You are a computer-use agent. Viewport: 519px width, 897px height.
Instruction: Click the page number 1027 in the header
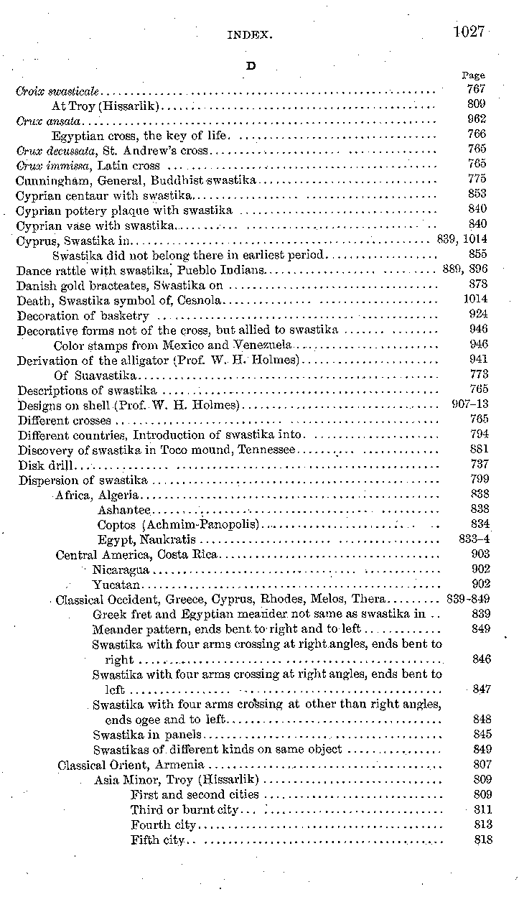pyautogui.click(x=469, y=32)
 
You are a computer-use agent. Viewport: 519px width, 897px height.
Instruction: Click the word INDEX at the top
pyautogui.click(x=248, y=34)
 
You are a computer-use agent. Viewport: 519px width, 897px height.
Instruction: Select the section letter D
pyautogui.click(x=251, y=65)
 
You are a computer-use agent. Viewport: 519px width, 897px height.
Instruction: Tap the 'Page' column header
pyautogui.click(x=473, y=75)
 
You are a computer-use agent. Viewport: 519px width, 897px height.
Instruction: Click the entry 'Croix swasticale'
pyautogui.click(x=57, y=92)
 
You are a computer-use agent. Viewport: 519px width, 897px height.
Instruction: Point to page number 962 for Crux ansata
pyautogui.click(x=477, y=119)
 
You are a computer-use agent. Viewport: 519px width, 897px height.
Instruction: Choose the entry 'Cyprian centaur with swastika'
pyautogui.click(x=104, y=194)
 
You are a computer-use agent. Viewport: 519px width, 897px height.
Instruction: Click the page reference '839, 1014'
pyautogui.click(x=462, y=239)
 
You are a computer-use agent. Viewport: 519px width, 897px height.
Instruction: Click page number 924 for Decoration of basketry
pyautogui.click(x=477, y=314)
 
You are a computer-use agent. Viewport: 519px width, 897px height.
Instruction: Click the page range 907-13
pyautogui.click(x=469, y=404)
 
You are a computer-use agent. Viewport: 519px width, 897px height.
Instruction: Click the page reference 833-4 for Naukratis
pyautogui.click(x=473, y=539)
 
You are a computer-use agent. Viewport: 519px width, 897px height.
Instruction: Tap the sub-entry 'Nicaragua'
pyautogui.click(x=121, y=570)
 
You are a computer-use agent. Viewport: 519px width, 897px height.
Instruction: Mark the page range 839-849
pyautogui.click(x=467, y=599)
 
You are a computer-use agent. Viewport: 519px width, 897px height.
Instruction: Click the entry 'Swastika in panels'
pyautogui.click(x=147, y=735)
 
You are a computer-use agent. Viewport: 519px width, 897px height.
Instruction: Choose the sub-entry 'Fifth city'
pyautogui.click(x=158, y=840)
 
